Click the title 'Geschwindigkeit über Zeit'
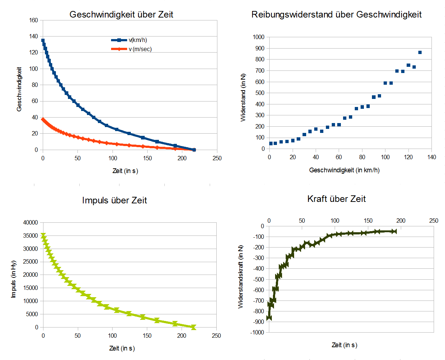(x=121, y=15)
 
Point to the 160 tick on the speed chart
(x=34, y=20)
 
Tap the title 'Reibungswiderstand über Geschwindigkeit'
(x=336, y=15)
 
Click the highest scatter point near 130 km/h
(x=420, y=52)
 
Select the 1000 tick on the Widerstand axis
(x=258, y=37)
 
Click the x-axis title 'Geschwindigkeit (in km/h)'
(x=344, y=170)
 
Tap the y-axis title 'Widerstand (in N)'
(x=243, y=97)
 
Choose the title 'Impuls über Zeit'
(x=114, y=200)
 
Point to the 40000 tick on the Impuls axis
(x=31, y=222)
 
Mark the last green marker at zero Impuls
(x=193, y=327)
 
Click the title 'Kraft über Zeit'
(x=336, y=199)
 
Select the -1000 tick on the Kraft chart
(x=257, y=332)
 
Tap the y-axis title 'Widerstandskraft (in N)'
(x=241, y=276)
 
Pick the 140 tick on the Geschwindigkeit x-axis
(x=431, y=157)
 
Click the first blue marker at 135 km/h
(x=43, y=41)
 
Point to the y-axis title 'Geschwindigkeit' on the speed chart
(x=19, y=89)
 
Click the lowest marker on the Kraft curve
(x=269, y=318)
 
